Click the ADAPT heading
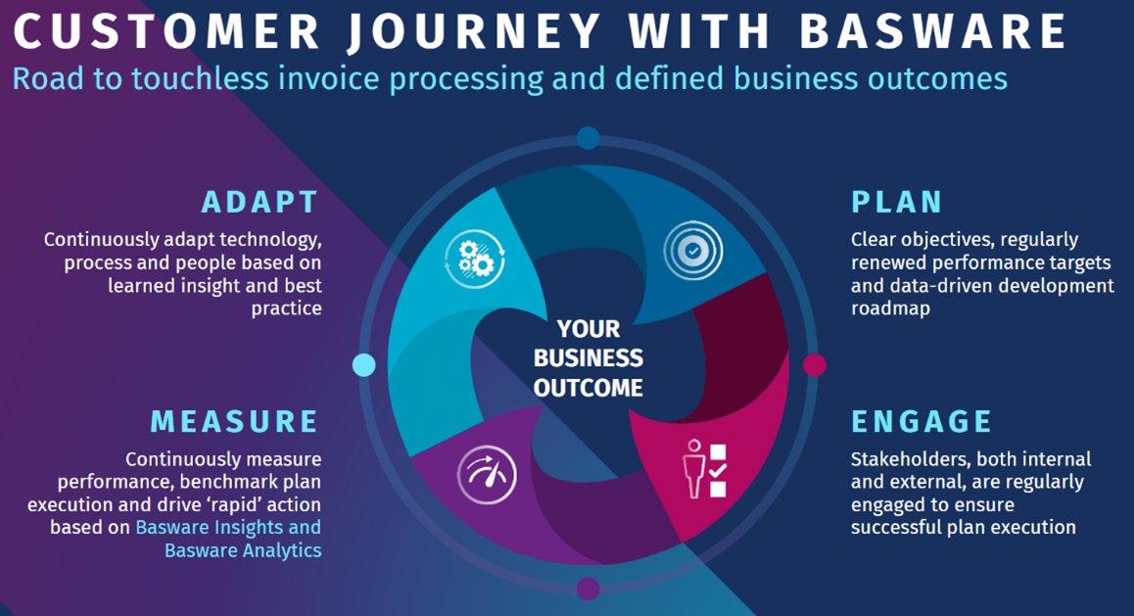(260, 202)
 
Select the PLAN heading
(896, 202)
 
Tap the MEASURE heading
(234, 421)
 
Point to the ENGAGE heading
(921, 421)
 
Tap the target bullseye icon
(693, 251)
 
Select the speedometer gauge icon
(487, 476)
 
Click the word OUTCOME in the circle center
(588, 387)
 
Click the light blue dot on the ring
(363, 365)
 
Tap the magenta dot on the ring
(814, 365)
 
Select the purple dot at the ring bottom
(588, 589)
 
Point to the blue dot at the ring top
(588, 138)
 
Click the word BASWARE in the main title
(933, 31)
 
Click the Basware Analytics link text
(243, 549)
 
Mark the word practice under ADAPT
(285, 308)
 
